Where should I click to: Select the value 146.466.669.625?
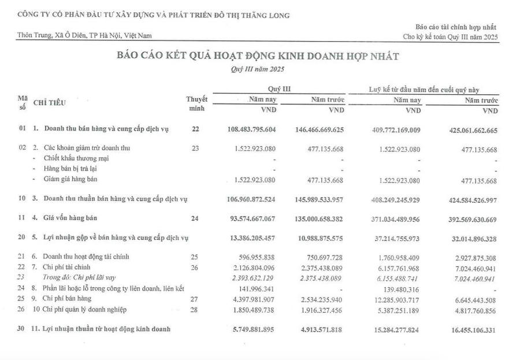pos(319,129)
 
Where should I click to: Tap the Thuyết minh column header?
pos(196,104)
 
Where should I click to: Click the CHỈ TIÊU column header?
pos(50,103)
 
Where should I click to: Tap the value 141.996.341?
pos(259,289)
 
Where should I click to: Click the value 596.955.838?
pos(259,257)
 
